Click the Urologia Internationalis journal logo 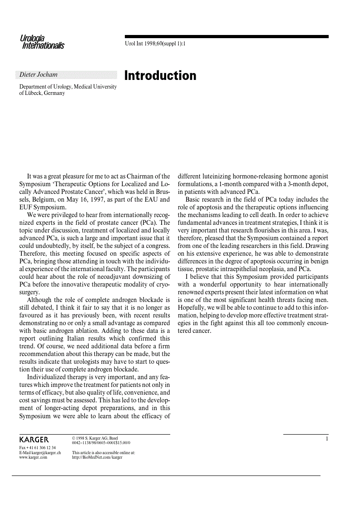pyautogui.click(x=42, y=42)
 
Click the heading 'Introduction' pyautogui.click(x=160, y=75)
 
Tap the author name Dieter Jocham pyautogui.click(x=39, y=74)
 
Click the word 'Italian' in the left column pyautogui.click(x=80, y=338)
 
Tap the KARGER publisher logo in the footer pyautogui.click(x=34, y=440)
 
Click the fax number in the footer pyautogui.click(x=38, y=448)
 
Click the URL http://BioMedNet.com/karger pyautogui.click(x=97, y=457)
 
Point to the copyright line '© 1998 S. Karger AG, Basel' pyautogui.click(x=95, y=438)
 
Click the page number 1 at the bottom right pyautogui.click(x=326, y=439)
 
